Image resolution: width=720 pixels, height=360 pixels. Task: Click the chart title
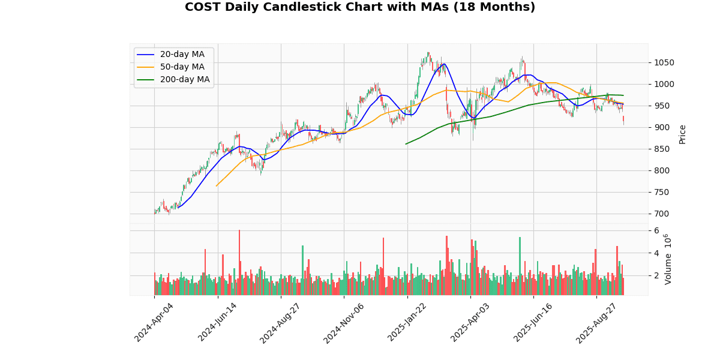(x=360, y=7)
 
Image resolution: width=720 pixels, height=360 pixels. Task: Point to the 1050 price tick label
(x=664, y=62)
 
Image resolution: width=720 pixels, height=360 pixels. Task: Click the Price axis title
(x=682, y=134)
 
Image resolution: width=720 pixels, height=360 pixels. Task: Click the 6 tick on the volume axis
(x=656, y=230)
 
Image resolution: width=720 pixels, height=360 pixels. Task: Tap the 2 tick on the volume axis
(x=656, y=275)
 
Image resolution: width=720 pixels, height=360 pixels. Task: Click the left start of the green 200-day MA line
(x=406, y=144)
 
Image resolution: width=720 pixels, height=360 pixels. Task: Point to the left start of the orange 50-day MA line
(x=216, y=186)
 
